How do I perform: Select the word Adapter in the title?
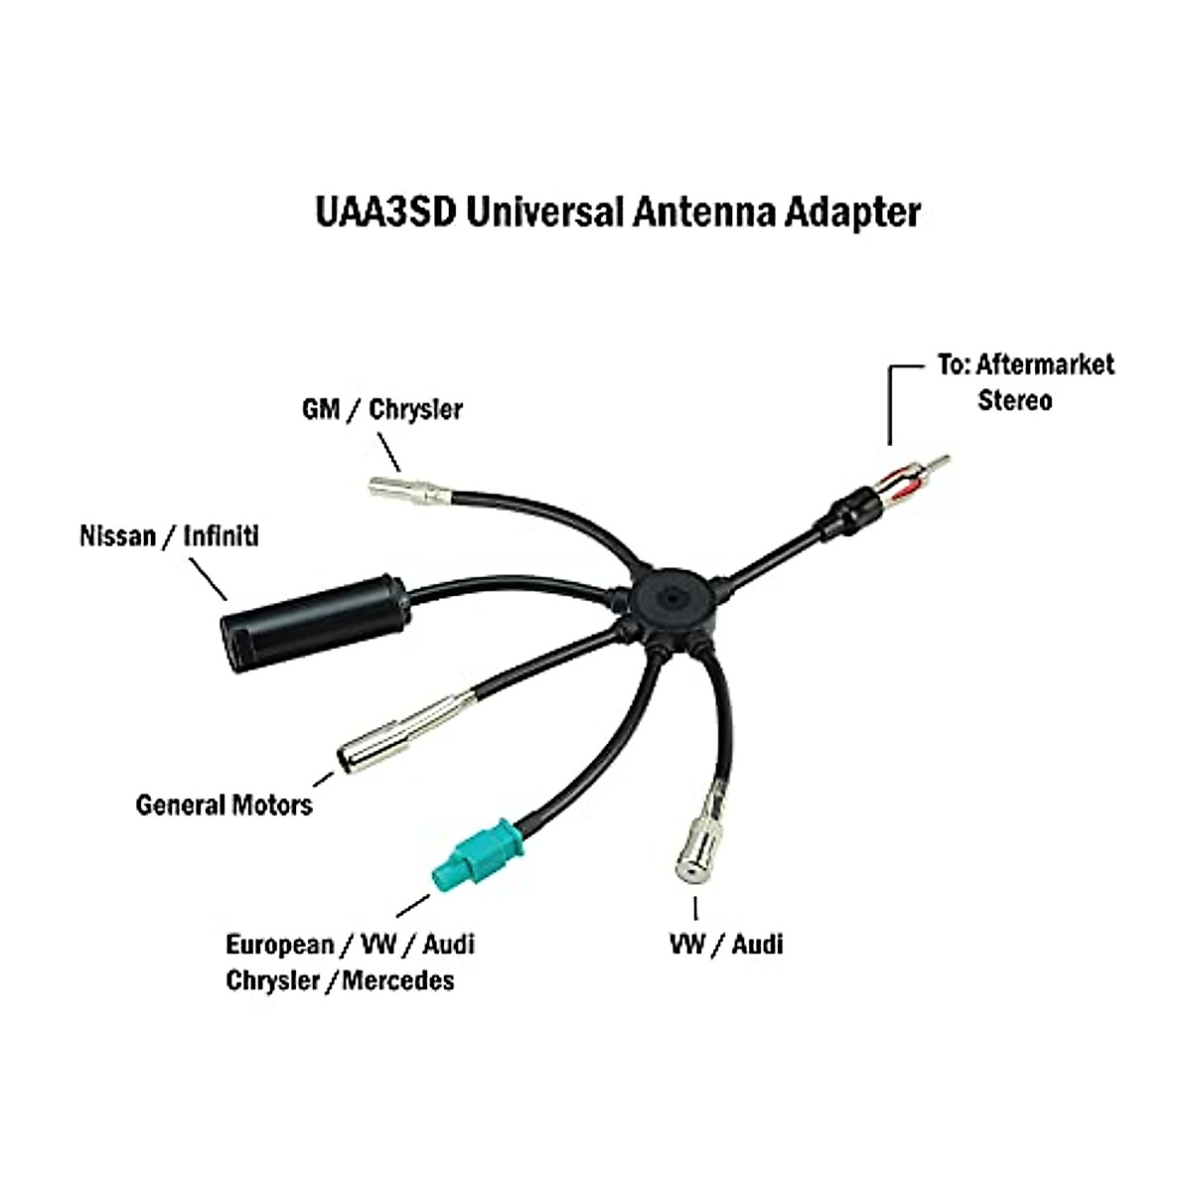pyautogui.click(x=851, y=212)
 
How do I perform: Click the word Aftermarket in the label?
pyautogui.click(x=1045, y=365)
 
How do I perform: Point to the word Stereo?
pyautogui.click(x=1014, y=401)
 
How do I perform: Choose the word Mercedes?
pyautogui.click(x=398, y=980)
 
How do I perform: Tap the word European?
pyautogui.click(x=279, y=944)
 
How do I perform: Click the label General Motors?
pyautogui.click(x=223, y=804)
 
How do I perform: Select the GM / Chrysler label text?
pyautogui.click(x=381, y=409)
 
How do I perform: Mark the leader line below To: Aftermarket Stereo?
pyautogui.click(x=890, y=407)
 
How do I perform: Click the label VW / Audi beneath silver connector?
pyautogui.click(x=726, y=944)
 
